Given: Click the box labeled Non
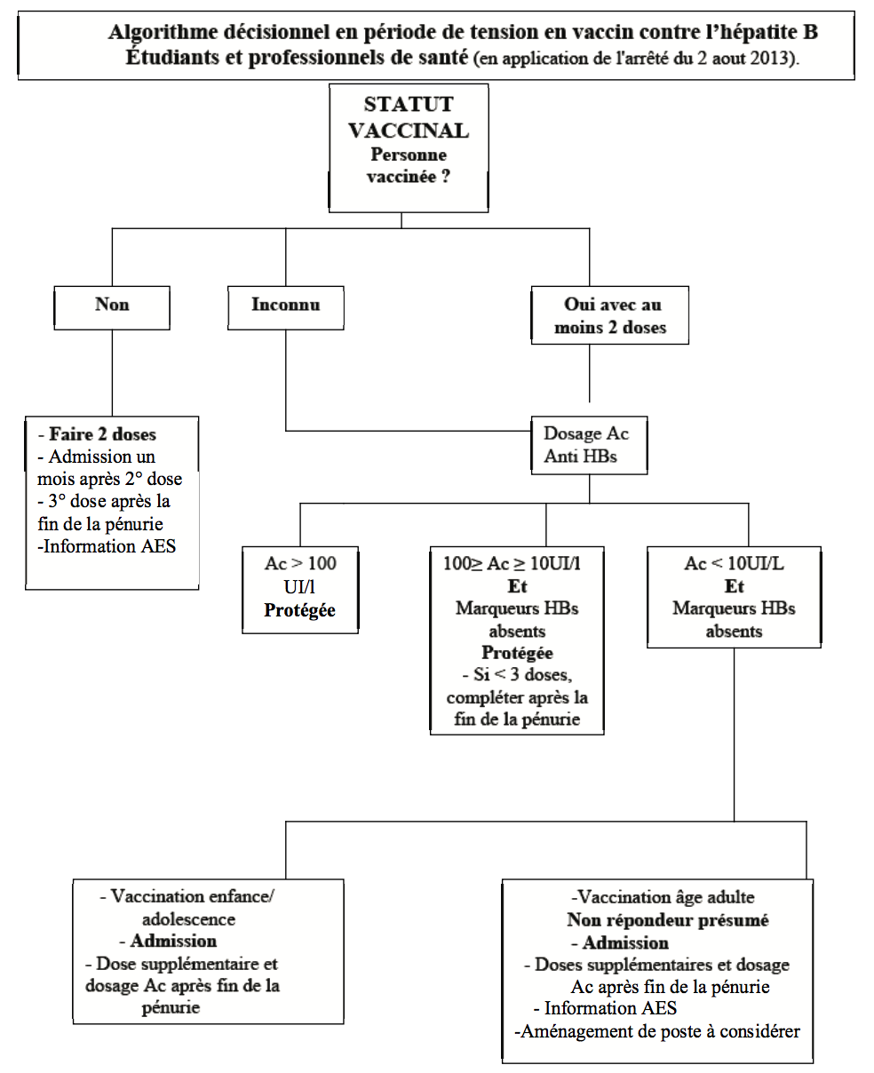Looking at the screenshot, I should [112, 306].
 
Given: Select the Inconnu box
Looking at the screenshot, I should [285, 306].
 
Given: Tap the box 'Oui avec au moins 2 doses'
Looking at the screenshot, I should [608, 316].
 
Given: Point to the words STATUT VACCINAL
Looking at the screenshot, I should [409, 118].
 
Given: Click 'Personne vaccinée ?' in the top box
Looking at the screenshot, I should [409, 165].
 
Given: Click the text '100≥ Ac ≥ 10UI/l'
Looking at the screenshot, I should [517, 564].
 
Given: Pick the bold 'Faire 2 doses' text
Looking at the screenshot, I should [102, 434].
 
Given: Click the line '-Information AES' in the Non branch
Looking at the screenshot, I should [107, 546].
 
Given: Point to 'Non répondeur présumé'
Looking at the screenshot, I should [668, 920].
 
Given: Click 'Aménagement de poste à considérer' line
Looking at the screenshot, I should [658, 1031].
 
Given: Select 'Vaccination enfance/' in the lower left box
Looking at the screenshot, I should [192, 896].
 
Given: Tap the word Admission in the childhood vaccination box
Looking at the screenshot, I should [173, 941].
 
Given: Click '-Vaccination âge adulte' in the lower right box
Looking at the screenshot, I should [663, 897].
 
